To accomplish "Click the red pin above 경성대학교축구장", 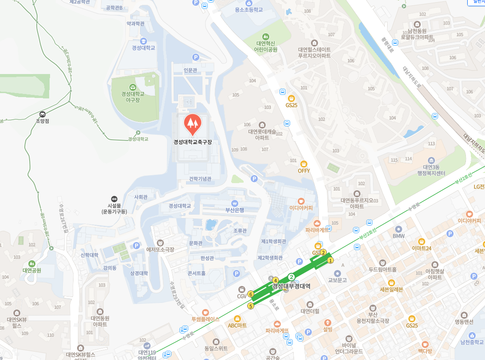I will coord(192,124).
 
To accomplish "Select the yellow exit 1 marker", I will coord(330,261).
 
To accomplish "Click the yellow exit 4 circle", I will coord(275,280).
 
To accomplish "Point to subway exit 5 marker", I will coord(251,306).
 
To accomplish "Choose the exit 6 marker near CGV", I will coord(251,294).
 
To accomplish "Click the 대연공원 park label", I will coord(32,270).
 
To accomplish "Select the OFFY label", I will coord(304,171).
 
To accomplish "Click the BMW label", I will coord(399,236).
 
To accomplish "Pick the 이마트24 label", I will coord(421,248).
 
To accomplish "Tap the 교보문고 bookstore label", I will coord(337,280).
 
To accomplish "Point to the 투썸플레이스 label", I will coord(206,319).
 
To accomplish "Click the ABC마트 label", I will coord(237,325).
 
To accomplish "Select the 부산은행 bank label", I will coord(235,210).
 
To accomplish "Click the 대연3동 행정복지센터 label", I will coord(431,170).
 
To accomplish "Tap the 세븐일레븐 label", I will coord(392,290).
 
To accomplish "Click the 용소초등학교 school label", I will coord(249,9).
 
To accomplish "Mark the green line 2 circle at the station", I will coord(291,277).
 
